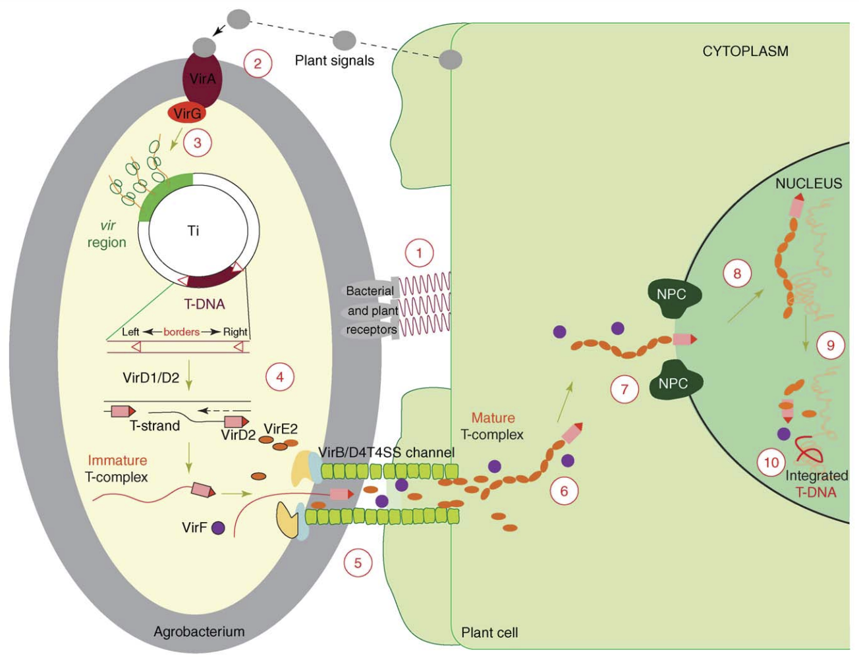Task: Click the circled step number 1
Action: point(419,253)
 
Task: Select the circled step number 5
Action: point(358,563)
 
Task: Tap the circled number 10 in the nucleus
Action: point(771,463)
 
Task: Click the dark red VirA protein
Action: point(203,80)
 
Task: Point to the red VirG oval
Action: point(188,114)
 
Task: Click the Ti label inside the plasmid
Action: point(193,230)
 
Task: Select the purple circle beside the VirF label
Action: point(218,527)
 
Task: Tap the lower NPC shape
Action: point(672,383)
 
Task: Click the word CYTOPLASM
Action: point(745,51)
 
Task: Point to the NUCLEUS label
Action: point(808,184)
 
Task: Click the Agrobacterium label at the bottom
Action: point(199,631)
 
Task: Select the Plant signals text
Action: point(334,61)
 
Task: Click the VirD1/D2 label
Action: point(151,378)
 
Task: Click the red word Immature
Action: point(117,460)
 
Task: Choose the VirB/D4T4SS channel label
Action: point(386,452)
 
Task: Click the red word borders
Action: point(181,332)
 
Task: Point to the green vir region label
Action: point(107,234)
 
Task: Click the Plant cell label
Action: point(489,633)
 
